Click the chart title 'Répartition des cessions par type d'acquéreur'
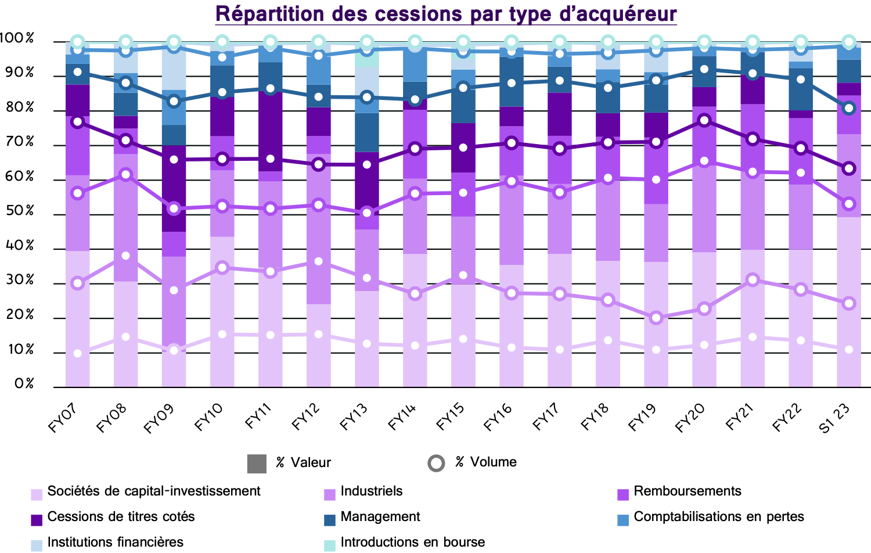[446, 14]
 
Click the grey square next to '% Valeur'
[257, 464]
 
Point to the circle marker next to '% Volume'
[436, 463]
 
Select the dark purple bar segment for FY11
[270, 131]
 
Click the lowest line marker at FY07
[78, 353]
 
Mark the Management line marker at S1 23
[849, 108]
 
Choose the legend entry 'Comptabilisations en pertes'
[718, 517]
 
